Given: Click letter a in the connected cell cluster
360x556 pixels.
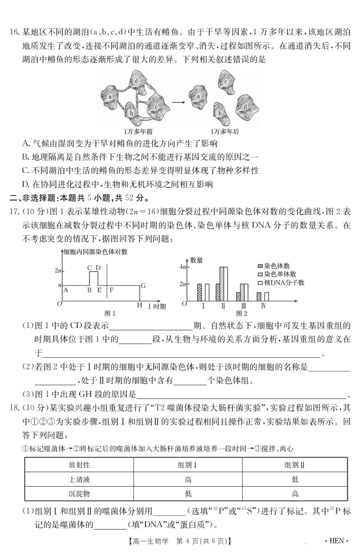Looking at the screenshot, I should tap(110, 97).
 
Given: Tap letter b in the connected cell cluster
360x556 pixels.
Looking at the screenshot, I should tap(131, 113).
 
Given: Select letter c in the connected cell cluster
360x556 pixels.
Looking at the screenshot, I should tap(156, 107).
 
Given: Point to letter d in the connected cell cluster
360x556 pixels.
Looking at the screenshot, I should tap(136, 81).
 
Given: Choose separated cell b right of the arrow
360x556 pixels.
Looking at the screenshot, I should tap(220, 113).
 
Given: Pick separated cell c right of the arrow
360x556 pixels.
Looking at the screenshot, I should tap(226, 81).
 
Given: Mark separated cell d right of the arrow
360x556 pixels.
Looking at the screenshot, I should tap(246, 107).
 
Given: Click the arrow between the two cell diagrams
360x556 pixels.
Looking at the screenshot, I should tap(179, 102).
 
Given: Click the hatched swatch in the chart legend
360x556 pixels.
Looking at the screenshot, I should tap(260, 266).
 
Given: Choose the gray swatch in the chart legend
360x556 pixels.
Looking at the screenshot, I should tap(260, 274).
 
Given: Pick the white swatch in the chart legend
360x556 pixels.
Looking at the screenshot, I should tap(260, 283).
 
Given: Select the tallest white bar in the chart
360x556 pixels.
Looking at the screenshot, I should tap(227, 284).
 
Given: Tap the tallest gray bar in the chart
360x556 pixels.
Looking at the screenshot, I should tap(222, 284).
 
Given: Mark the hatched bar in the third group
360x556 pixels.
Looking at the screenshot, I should tap(238, 296).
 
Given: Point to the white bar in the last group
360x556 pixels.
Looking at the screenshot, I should tap(267, 296).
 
